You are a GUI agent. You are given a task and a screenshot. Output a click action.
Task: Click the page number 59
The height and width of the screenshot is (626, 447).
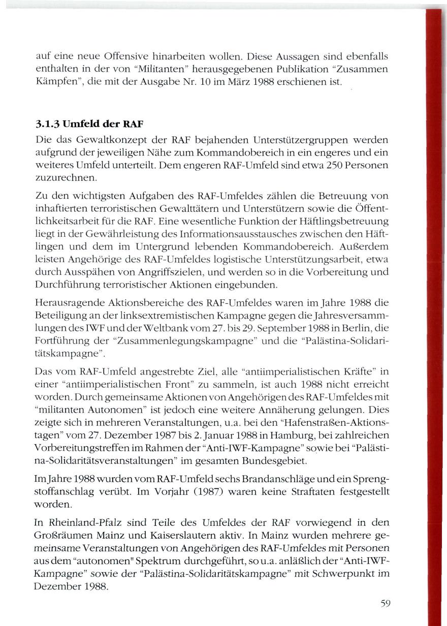coord(385,604)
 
